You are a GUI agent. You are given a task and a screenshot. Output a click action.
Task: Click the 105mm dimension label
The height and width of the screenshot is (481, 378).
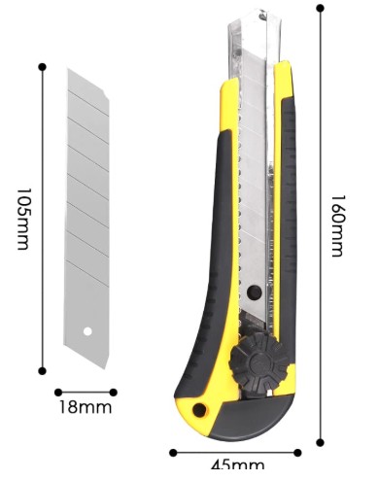pyautogui.click(x=23, y=219)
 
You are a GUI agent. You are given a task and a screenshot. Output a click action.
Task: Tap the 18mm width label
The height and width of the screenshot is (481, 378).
pyautogui.click(x=86, y=407)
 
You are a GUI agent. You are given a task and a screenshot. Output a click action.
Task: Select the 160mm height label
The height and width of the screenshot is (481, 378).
pyautogui.click(x=337, y=225)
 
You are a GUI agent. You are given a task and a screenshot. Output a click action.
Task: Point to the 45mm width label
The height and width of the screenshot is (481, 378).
pyautogui.click(x=237, y=465)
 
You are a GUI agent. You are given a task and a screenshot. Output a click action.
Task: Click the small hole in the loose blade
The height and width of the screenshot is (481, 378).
pyautogui.click(x=87, y=331)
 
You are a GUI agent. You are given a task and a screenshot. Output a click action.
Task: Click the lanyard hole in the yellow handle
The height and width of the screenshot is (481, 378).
pyautogui.click(x=199, y=410)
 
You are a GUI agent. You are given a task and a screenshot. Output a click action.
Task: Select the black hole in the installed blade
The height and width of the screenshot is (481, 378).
pyautogui.click(x=255, y=292)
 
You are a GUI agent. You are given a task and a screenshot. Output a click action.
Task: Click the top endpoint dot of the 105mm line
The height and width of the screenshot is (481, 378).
pyautogui.click(x=42, y=67)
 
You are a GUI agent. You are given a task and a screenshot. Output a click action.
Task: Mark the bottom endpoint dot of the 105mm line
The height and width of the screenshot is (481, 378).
pyautogui.click(x=42, y=371)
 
